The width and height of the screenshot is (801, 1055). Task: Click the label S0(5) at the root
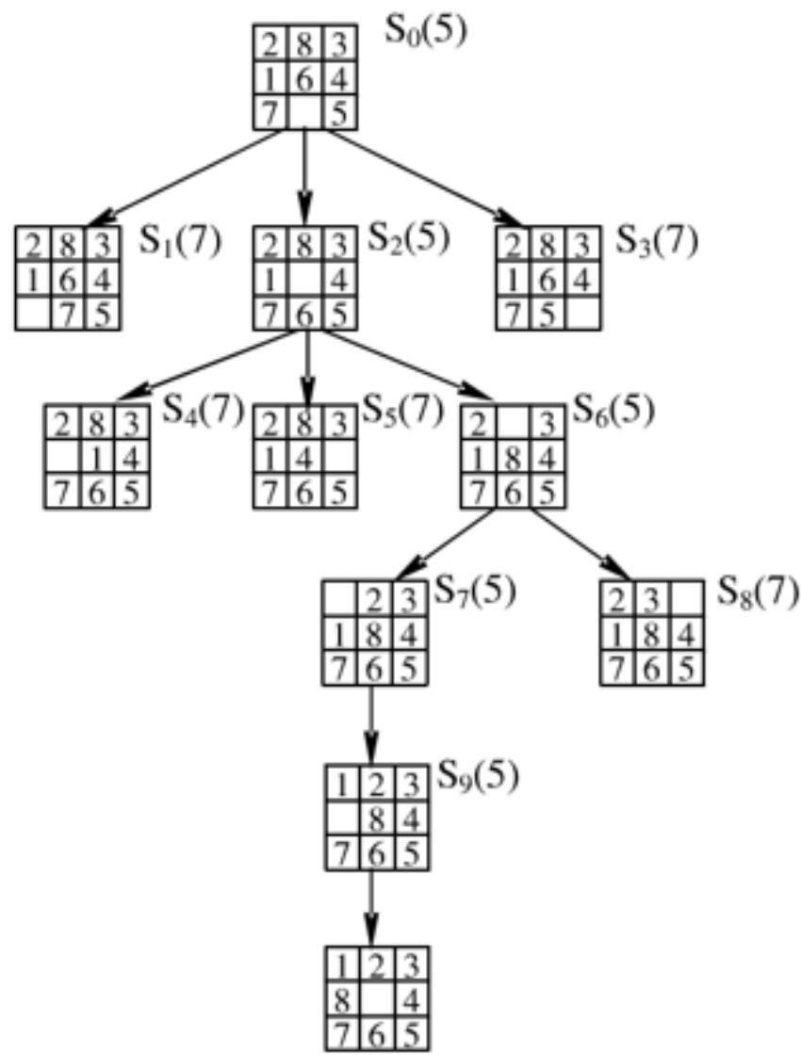pos(425,33)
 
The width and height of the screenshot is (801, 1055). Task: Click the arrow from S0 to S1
pos(188,176)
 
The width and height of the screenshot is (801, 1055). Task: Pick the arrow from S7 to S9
pos(373,725)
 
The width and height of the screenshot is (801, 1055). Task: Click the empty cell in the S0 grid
pos(304,113)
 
